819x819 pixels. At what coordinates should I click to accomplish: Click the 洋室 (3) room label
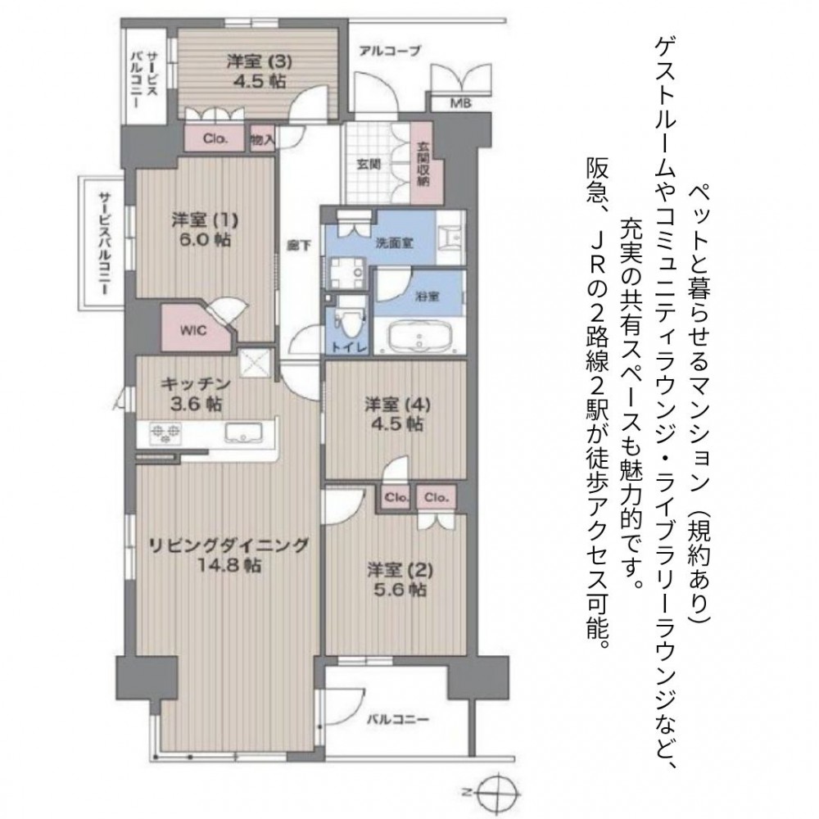(x=259, y=61)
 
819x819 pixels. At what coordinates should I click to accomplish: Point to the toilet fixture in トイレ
(x=346, y=319)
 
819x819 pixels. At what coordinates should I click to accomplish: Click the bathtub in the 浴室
(x=419, y=337)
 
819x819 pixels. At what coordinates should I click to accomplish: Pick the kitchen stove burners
(x=165, y=433)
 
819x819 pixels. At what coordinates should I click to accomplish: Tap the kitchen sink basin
(x=244, y=433)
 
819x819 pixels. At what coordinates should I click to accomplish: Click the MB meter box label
(x=460, y=103)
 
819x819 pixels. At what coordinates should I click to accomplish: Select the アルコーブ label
(x=390, y=51)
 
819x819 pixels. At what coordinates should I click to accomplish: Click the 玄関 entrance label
(x=369, y=164)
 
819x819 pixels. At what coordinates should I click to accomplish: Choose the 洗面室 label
(x=395, y=243)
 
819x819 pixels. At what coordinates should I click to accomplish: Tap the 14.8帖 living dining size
(x=230, y=565)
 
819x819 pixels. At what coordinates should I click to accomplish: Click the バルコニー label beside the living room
(x=397, y=719)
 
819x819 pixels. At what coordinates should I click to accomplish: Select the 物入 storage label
(x=262, y=139)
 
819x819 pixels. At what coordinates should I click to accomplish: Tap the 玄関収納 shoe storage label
(x=423, y=165)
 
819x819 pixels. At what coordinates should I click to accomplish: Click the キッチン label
(x=196, y=384)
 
